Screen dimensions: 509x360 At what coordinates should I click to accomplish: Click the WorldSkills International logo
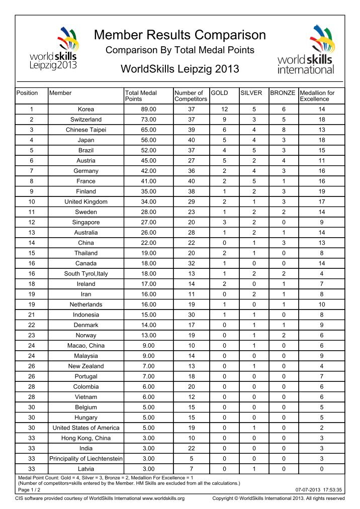tap(306, 50)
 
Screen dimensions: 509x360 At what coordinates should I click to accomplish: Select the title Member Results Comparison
tap(180, 35)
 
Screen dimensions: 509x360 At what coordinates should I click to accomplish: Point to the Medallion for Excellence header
tap(317, 96)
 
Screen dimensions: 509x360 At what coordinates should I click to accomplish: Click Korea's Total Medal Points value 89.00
tap(148, 109)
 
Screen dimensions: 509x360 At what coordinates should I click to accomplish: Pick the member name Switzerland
tap(86, 120)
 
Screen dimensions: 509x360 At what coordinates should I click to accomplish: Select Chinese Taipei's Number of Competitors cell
tap(191, 130)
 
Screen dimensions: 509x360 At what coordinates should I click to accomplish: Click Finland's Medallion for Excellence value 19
tap(321, 191)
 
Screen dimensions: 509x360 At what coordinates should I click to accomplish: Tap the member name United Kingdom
tap(86, 202)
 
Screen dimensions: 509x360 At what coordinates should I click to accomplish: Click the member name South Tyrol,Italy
tap(86, 274)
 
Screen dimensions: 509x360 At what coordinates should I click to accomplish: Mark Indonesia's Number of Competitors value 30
tap(191, 315)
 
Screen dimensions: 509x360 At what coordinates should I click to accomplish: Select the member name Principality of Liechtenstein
tap(86, 459)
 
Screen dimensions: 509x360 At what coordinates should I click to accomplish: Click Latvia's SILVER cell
tap(253, 469)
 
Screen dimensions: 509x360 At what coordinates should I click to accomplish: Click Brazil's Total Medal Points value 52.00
tap(148, 150)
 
